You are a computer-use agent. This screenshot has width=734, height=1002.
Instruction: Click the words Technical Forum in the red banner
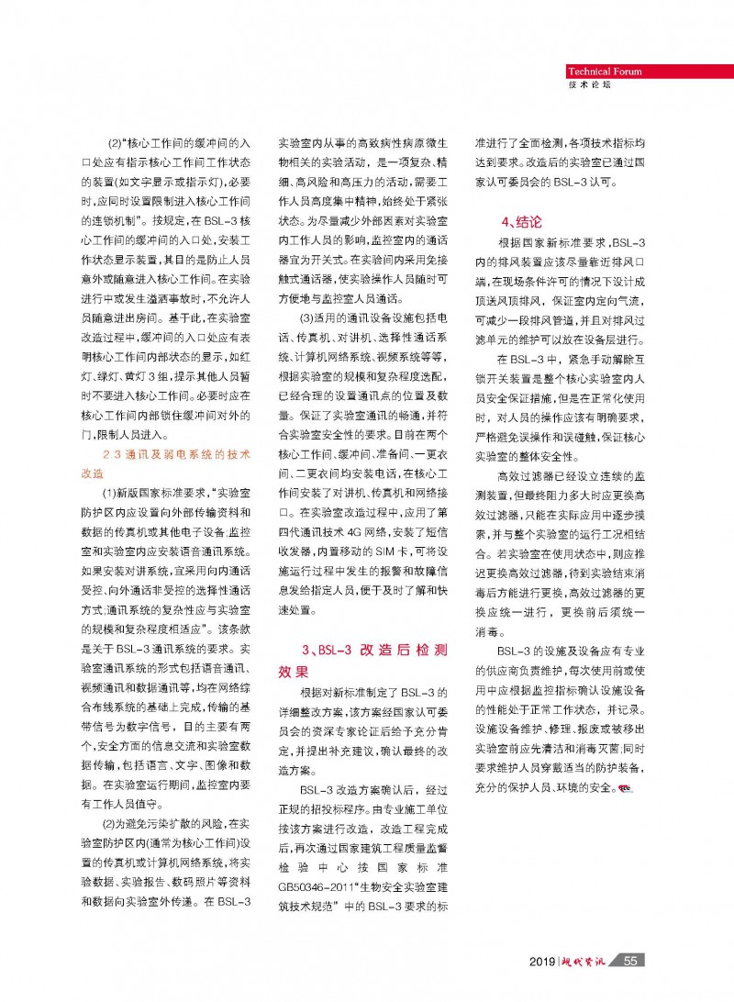click(x=604, y=72)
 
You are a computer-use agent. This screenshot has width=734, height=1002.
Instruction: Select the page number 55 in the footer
click(x=629, y=960)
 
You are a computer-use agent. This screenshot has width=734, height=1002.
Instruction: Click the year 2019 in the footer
click(x=545, y=960)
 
